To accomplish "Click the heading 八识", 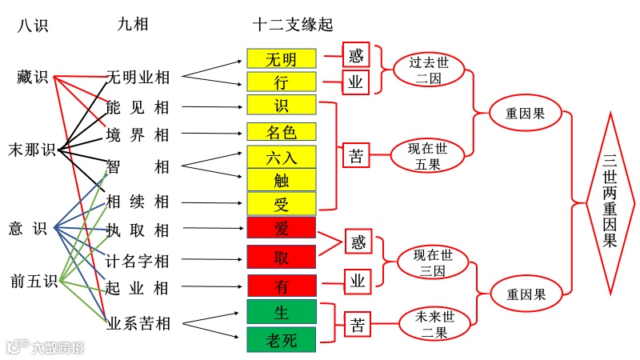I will [33, 26].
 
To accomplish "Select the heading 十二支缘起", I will [292, 25].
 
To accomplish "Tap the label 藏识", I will [33, 78].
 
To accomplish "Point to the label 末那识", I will [32, 150].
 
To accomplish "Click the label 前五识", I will [34, 281].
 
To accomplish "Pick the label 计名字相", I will [138, 260].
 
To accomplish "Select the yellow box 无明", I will [282, 59].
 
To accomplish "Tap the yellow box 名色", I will [282, 131].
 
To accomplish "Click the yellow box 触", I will [282, 180].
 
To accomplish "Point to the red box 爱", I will [282, 228].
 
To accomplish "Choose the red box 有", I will [282, 285].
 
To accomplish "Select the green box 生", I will [282, 311].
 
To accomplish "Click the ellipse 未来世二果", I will [433, 324].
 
